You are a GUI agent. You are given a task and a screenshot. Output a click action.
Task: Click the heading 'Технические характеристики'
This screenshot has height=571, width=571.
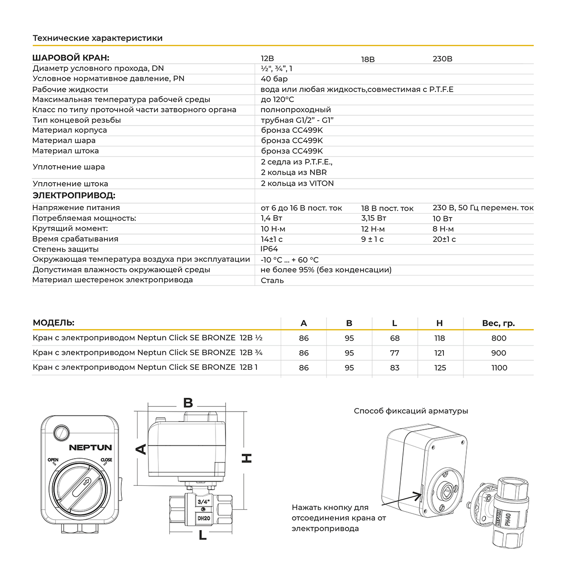(x=98, y=38)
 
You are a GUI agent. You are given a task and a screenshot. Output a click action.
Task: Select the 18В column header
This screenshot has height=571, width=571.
(x=368, y=59)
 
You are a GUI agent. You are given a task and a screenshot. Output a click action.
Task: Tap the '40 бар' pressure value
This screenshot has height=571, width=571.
(x=274, y=79)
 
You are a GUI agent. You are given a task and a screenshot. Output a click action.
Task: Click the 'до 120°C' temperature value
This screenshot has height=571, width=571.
(x=277, y=99)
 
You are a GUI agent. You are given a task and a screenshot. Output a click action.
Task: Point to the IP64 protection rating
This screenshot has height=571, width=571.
(x=269, y=249)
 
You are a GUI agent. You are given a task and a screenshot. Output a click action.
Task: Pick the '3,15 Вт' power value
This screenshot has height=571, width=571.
(x=374, y=218)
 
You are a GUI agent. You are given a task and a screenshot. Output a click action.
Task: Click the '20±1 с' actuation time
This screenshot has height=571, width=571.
(x=444, y=239)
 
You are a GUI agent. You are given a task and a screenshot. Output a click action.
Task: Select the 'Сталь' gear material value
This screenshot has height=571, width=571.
(x=272, y=280)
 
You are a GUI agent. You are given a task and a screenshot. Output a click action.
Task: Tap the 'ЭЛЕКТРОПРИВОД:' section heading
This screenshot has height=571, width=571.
(x=74, y=196)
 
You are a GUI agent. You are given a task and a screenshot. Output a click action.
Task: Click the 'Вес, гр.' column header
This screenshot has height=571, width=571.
(x=499, y=323)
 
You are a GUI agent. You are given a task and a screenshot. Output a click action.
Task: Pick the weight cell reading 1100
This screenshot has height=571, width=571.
(x=499, y=367)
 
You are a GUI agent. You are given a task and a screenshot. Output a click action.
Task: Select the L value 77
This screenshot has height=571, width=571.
(x=394, y=353)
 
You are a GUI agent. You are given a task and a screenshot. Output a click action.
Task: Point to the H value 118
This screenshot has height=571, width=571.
(x=440, y=338)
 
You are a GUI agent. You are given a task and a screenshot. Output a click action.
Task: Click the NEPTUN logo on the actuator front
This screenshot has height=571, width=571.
(x=90, y=447)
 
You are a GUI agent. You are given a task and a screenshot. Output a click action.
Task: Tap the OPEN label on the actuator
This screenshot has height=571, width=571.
(x=52, y=460)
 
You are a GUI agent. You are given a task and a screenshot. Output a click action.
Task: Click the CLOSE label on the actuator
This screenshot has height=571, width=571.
(x=106, y=460)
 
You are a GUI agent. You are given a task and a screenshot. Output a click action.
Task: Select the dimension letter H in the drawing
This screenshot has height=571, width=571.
(x=246, y=458)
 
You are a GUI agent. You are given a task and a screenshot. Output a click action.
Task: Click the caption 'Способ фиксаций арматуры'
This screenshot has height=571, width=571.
(x=411, y=411)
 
